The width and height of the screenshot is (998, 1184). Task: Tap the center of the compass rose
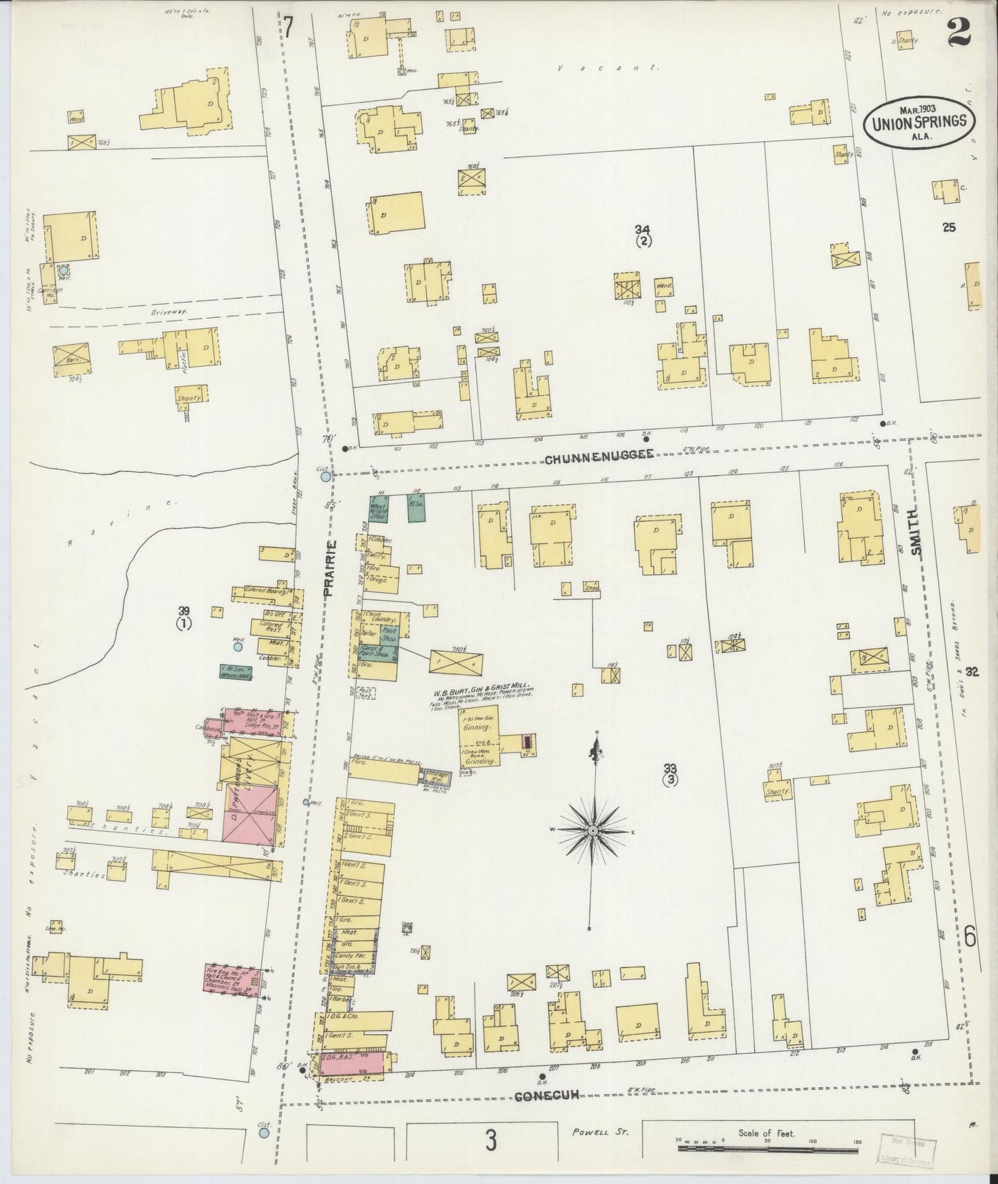593,830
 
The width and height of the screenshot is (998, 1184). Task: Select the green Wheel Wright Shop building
379,508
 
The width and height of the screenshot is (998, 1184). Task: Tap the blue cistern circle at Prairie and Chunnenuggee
326,475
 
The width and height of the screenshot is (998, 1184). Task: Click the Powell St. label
598,1133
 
